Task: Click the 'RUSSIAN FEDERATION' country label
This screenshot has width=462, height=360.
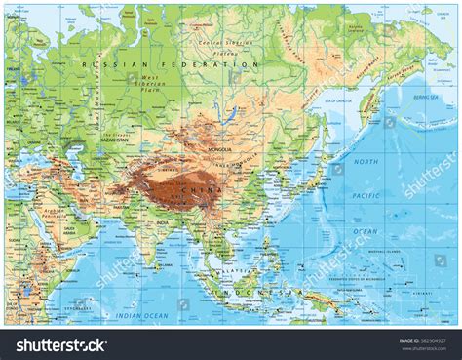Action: tap(170, 64)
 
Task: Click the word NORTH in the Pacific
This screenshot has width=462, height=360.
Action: tap(366, 160)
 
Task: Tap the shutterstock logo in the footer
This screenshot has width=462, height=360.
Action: tap(59, 344)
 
